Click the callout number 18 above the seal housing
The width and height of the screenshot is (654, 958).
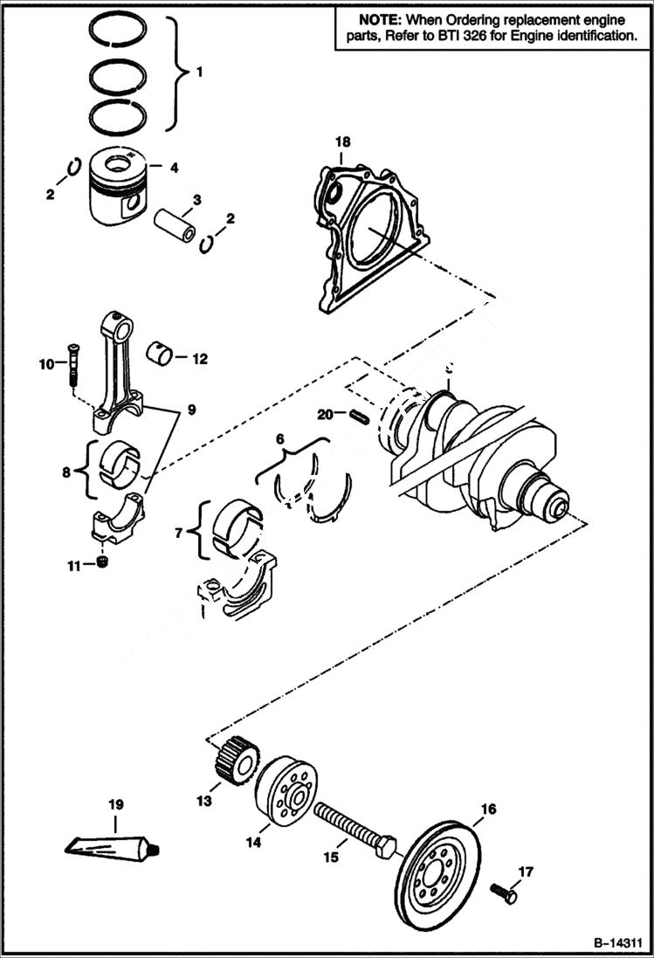341,141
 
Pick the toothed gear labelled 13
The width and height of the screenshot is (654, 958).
234,761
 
